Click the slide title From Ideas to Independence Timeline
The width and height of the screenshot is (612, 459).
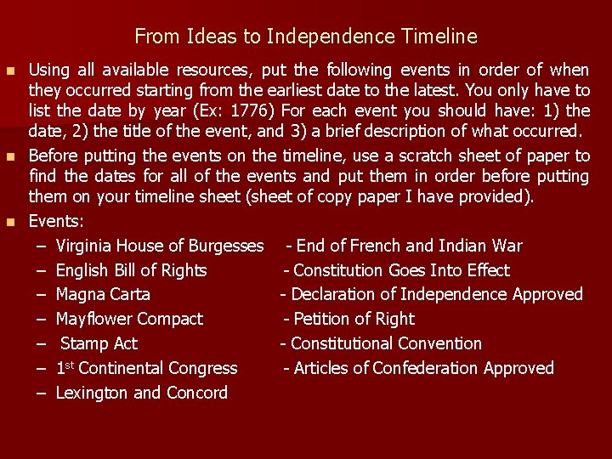tap(306, 37)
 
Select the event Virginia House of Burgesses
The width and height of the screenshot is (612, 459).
tap(160, 246)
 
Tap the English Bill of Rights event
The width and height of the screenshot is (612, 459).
tap(131, 270)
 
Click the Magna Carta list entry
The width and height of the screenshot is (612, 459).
tap(103, 295)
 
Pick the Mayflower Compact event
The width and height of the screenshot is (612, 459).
tap(129, 320)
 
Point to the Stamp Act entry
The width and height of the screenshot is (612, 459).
tap(99, 344)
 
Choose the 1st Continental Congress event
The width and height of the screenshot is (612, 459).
tap(146, 368)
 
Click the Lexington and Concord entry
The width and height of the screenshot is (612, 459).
tap(141, 393)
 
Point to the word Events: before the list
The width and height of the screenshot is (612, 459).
tap(56, 222)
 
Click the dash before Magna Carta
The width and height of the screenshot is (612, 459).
tap(42, 295)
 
